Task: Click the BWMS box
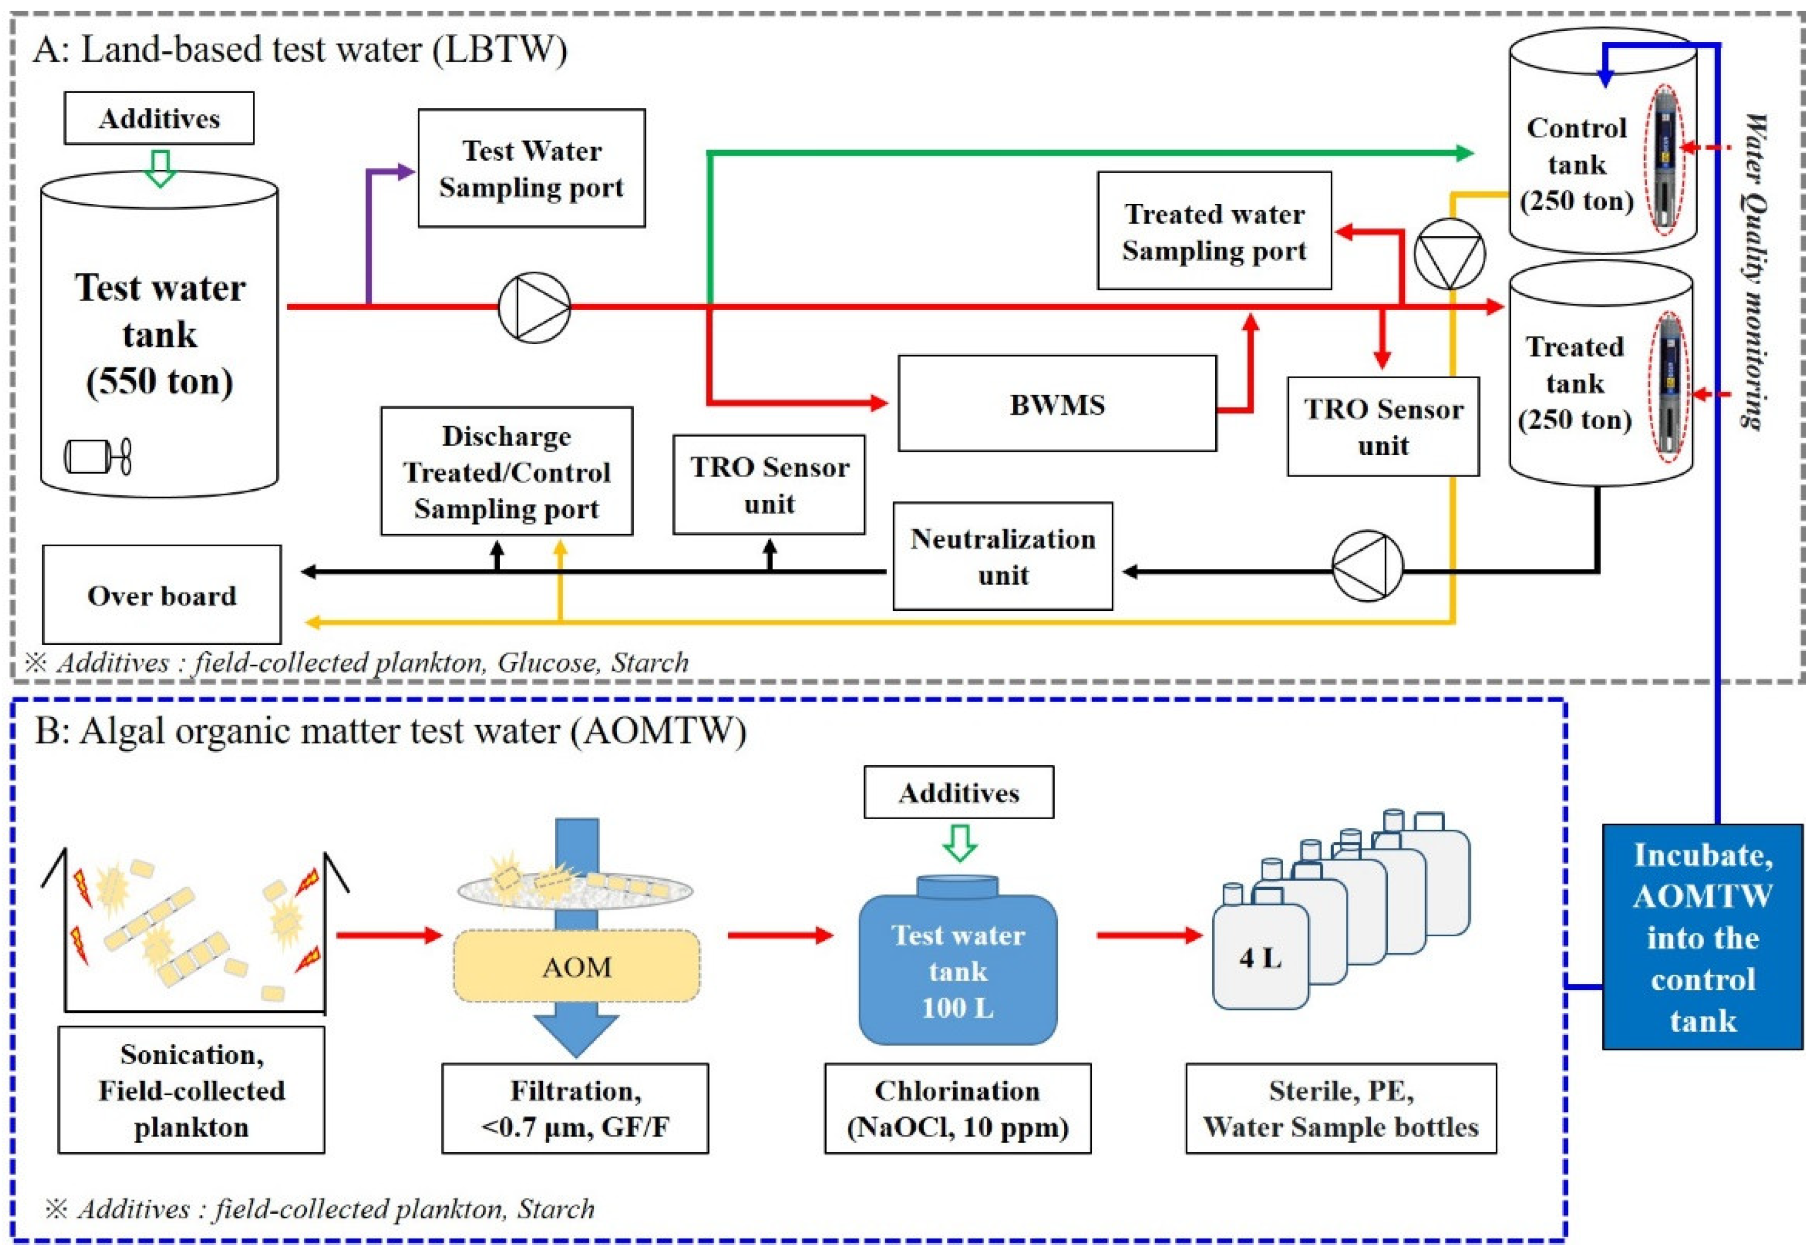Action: click(x=1056, y=404)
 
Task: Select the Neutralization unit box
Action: click(x=1002, y=556)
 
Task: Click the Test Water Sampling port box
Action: click(x=531, y=168)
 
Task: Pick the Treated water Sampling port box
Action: click(x=1213, y=231)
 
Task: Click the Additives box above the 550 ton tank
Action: click(x=159, y=118)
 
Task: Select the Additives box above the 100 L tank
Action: click(x=958, y=792)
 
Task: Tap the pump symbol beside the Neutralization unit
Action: click(x=1367, y=566)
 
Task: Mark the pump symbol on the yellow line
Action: click(x=1448, y=253)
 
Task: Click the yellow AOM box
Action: click(x=576, y=966)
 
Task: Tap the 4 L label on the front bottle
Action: click(x=1260, y=957)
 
